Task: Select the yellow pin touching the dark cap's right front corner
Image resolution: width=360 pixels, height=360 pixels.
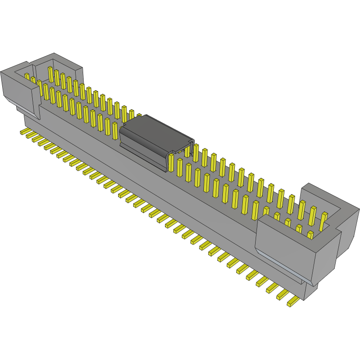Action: click(x=171, y=162)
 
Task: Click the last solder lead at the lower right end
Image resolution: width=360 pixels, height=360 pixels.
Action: click(x=293, y=302)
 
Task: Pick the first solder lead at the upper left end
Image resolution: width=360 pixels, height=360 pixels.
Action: click(x=23, y=132)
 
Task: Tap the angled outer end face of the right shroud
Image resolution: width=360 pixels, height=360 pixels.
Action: click(x=347, y=234)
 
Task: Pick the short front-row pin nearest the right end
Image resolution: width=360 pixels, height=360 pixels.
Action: click(x=310, y=235)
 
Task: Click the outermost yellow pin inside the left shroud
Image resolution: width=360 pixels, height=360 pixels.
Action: click(x=27, y=77)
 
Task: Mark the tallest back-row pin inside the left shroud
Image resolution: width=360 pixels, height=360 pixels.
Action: click(x=50, y=74)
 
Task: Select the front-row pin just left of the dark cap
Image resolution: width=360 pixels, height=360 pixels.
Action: click(x=115, y=130)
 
